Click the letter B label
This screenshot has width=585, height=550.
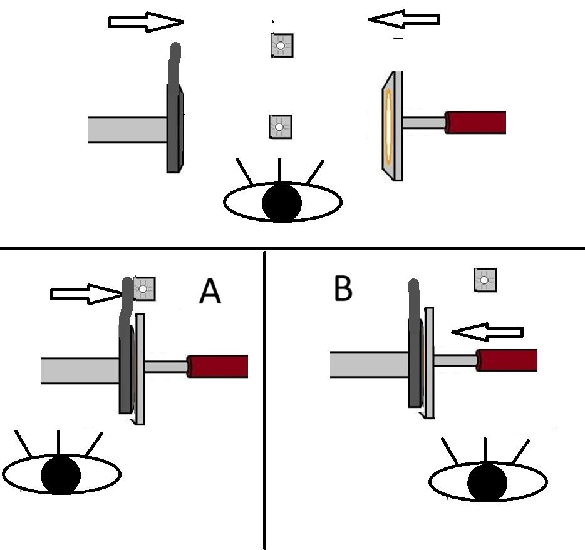click(343, 288)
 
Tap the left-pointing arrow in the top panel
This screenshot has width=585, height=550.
click(404, 20)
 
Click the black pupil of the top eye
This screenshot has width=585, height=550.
click(282, 202)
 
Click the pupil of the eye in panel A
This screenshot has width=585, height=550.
click(61, 475)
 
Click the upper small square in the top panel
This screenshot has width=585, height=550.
click(281, 46)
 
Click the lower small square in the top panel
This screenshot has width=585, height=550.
click(279, 126)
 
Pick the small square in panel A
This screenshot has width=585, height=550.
click(143, 288)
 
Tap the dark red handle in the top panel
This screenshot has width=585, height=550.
click(476, 122)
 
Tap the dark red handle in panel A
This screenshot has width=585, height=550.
click(218, 366)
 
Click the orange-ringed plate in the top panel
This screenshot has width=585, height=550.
click(390, 125)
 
